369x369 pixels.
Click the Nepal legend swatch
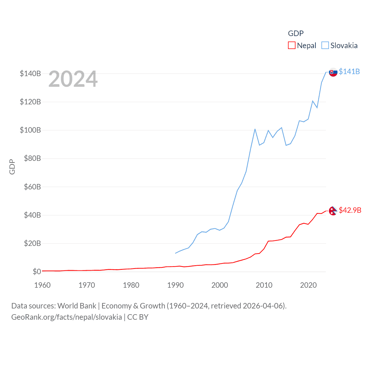coord(291,46)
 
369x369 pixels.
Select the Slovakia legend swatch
coord(325,46)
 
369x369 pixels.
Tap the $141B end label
coord(349,71)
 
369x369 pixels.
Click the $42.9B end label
coord(350,210)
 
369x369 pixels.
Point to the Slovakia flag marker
coord(333,72)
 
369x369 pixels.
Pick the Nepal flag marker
coord(333,211)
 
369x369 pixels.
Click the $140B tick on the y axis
coord(30,74)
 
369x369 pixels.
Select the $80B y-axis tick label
coord(32,158)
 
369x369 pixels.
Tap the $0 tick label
coord(37,272)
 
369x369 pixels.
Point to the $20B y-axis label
coord(32,243)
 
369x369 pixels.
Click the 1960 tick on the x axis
coord(42,285)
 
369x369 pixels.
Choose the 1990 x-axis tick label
coord(175,285)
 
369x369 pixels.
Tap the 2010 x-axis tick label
coord(264,285)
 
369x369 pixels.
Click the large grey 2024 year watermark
coord(73,79)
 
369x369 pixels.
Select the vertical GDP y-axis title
coord(12,167)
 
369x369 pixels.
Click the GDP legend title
coord(296,33)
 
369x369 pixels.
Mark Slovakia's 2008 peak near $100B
coord(255,129)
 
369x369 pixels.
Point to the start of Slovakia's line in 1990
coord(175,253)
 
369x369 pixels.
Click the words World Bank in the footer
coord(77,306)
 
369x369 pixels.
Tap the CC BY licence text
coord(138,317)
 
